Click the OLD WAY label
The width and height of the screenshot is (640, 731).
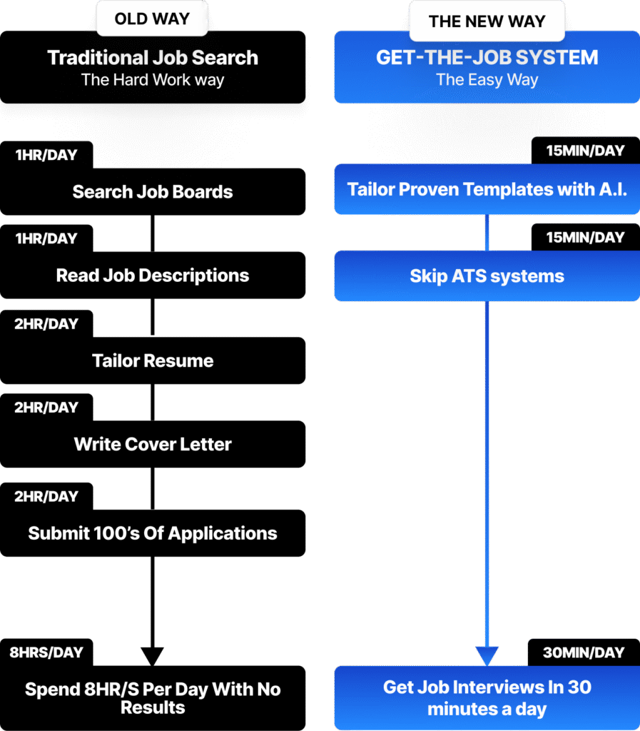click(152, 19)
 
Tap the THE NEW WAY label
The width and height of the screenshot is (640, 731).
click(487, 21)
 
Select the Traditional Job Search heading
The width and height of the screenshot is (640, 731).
click(153, 57)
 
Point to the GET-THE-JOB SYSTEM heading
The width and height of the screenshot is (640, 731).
click(487, 57)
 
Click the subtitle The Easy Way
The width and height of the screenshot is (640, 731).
click(487, 80)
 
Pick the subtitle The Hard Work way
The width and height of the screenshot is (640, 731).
click(153, 80)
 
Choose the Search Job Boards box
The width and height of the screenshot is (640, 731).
click(153, 191)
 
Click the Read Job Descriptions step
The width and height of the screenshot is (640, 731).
click(153, 275)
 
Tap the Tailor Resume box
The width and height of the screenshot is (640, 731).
click(153, 361)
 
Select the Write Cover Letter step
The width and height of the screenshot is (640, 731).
click(153, 444)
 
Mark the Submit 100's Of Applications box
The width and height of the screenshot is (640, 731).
click(153, 533)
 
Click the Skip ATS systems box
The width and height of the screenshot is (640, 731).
click(487, 276)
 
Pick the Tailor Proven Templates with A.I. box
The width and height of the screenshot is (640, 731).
click(487, 188)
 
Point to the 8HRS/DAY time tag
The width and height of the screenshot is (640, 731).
click(46, 652)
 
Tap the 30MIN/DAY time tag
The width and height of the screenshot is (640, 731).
click(584, 652)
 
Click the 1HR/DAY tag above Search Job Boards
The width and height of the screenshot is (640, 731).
click(46, 155)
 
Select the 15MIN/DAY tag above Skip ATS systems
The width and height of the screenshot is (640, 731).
click(586, 237)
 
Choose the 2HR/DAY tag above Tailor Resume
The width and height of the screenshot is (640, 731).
click(46, 323)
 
